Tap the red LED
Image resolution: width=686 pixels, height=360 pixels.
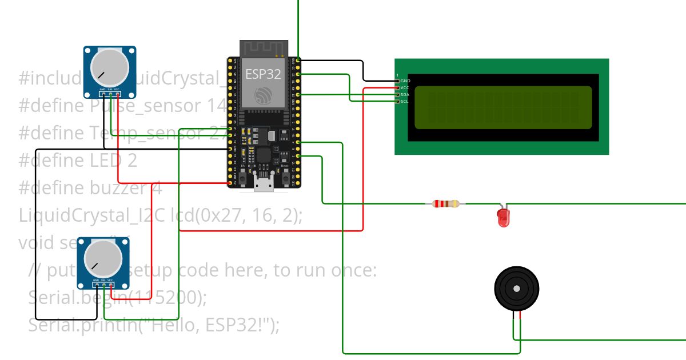tap(503, 217)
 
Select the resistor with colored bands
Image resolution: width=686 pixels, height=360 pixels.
tap(446, 203)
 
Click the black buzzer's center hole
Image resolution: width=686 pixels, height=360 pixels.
tap(517, 289)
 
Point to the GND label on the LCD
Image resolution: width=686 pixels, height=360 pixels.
tap(405, 81)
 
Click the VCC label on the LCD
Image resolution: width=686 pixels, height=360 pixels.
tap(405, 87)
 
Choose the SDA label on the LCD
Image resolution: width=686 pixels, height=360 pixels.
tap(405, 94)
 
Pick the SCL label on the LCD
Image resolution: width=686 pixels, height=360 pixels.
tap(405, 101)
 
